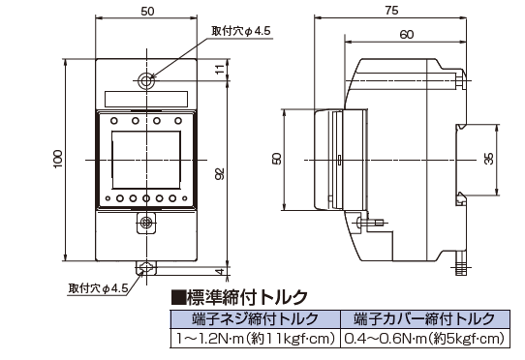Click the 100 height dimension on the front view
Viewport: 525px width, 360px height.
pos(58,160)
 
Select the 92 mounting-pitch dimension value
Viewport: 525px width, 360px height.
pos(219,174)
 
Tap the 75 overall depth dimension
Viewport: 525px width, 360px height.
pos(391,11)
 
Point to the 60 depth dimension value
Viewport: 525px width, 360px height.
pos(407,34)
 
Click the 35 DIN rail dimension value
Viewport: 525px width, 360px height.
pos(489,159)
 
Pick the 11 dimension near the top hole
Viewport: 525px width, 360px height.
pos(219,70)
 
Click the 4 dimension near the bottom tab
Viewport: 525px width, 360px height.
pos(219,271)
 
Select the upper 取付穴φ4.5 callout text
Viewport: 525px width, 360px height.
pos(241,31)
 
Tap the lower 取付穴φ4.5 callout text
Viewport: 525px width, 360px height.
pos(98,288)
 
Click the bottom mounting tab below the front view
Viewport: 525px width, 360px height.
pos(146,268)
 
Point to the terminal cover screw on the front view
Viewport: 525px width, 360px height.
pos(146,223)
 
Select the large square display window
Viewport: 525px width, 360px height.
pos(146,160)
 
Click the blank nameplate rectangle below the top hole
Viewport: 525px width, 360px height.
pos(146,99)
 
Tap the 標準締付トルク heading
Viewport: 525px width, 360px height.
pos(239,297)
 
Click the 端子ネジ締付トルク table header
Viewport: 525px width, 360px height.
pos(255,318)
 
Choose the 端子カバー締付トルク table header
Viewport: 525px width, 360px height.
pos(424,318)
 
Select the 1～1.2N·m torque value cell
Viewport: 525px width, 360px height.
pos(255,339)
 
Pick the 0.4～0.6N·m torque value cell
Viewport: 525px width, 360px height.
pos(424,339)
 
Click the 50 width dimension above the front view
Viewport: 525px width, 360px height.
pos(147,11)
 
